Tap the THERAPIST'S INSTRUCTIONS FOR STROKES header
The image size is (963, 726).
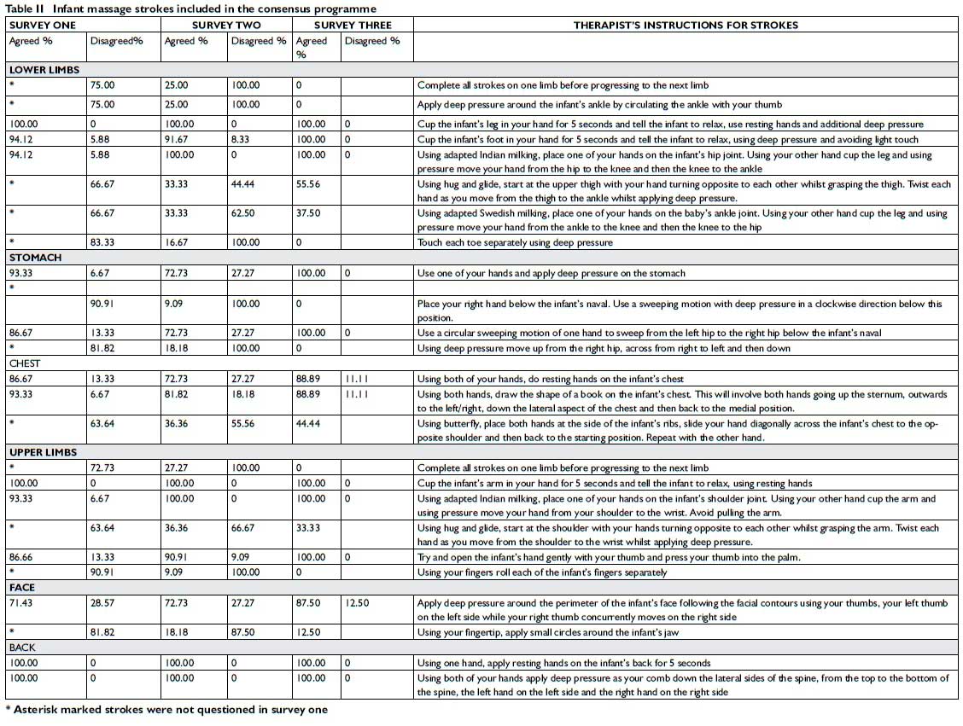[686, 26]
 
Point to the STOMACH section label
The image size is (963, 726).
[35, 258]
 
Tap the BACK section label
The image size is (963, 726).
[22, 648]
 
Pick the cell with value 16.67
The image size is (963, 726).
[178, 242]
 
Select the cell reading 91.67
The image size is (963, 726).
[178, 139]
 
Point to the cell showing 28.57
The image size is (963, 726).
[102, 603]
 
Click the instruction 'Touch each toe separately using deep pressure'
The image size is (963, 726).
[515, 242]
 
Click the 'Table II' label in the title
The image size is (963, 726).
[25, 9]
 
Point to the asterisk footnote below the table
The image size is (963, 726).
[166, 710]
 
